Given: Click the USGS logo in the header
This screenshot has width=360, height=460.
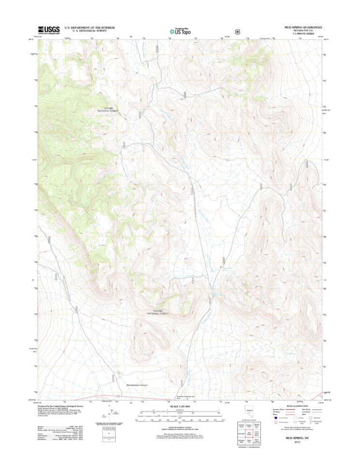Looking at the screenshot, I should pyautogui.click(x=47, y=30).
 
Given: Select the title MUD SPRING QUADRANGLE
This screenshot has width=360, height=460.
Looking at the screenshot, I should pyautogui.click(x=304, y=27).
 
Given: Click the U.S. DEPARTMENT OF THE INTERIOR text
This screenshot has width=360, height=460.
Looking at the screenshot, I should pyautogui.click(x=85, y=28).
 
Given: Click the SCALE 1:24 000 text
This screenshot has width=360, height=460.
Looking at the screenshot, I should pyautogui.click(x=180, y=406).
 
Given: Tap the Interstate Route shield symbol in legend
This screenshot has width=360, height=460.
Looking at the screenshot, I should pyautogui.click(x=276, y=417).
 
